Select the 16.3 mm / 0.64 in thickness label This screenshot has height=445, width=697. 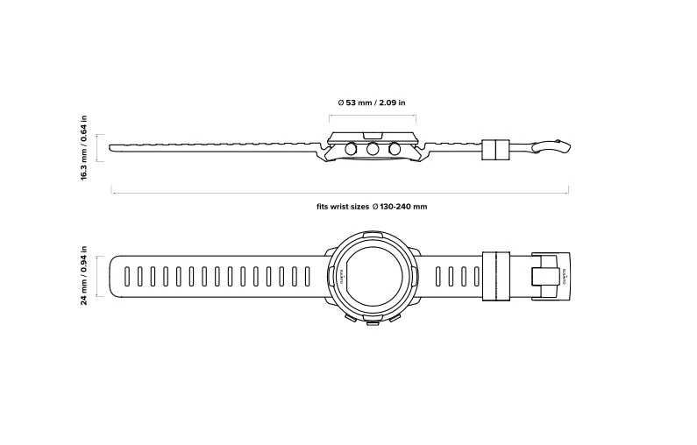[x=84, y=148]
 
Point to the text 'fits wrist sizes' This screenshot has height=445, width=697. [x=343, y=207]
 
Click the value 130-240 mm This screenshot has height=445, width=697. [x=404, y=207]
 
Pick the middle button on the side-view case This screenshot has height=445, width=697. [x=373, y=150]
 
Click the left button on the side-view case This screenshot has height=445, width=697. [x=351, y=150]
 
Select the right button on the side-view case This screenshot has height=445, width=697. [x=395, y=150]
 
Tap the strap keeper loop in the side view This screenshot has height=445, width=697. [x=496, y=149]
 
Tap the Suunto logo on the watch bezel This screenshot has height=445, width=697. [x=342, y=277]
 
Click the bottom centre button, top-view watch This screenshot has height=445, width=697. [x=373, y=322]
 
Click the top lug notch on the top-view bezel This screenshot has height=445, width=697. [x=373, y=237]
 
